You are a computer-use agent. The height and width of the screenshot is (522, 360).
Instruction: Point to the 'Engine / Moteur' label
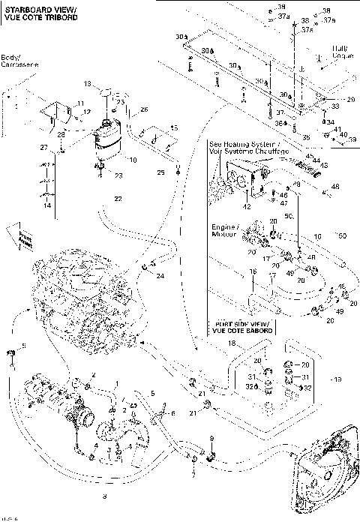(224, 228)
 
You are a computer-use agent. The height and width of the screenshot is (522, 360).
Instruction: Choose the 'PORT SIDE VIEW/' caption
(238, 323)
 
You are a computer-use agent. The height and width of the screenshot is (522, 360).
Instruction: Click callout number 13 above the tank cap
(87, 83)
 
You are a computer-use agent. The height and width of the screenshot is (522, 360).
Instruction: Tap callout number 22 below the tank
(117, 199)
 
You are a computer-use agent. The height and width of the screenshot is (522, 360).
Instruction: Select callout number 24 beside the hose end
(160, 276)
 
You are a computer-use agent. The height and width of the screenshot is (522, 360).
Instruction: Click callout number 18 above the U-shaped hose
(232, 342)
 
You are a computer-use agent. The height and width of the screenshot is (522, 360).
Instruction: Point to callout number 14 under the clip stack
(47, 205)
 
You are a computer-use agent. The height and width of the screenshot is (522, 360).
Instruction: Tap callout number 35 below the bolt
(306, 137)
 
